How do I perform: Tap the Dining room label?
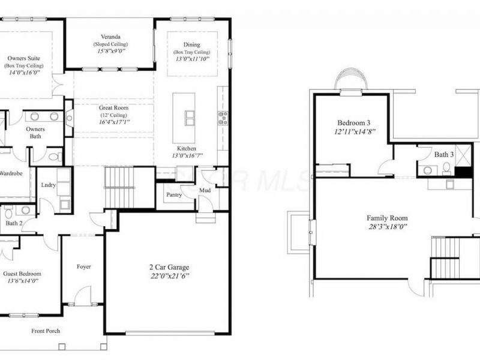coord(191,44)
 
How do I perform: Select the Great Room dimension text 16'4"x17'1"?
coord(115,122)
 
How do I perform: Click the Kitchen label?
coord(186,148)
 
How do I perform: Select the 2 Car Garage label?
coord(167,268)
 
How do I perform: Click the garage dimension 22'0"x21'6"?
coord(167,276)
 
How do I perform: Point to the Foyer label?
coord(84,266)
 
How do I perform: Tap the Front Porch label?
coord(46,331)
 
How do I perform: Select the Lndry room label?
coord(49,185)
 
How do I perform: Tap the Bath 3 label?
coord(445,154)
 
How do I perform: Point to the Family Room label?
coord(387,218)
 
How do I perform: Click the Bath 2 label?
coord(14,224)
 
